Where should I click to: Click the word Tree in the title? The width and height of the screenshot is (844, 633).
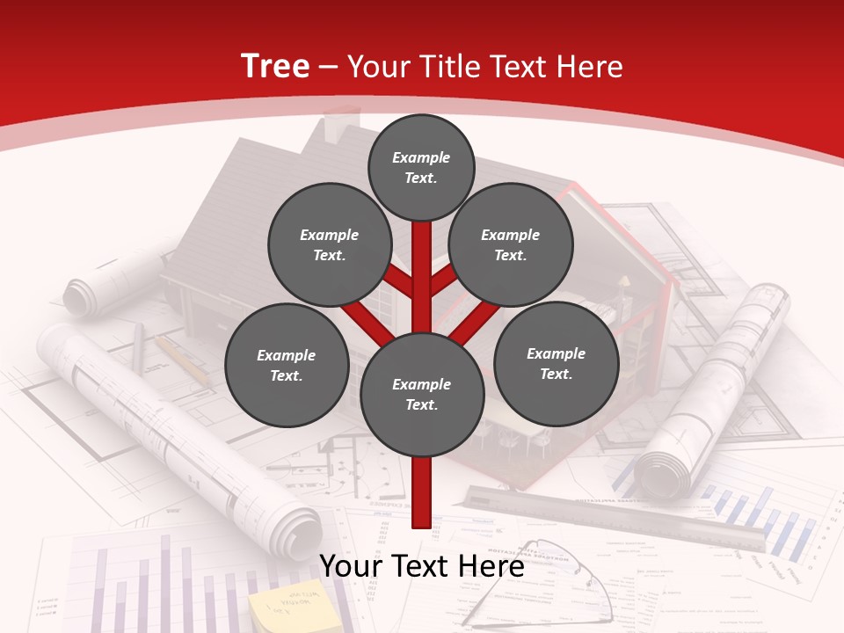click(x=275, y=67)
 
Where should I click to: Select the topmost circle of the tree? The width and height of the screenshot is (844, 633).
click(x=421, y=167)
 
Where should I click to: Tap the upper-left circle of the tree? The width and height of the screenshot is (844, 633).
click(x=330, y=245)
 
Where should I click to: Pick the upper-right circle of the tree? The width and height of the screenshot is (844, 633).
click(x=511, y=245)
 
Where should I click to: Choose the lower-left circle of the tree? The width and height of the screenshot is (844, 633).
click(x=287, y=366)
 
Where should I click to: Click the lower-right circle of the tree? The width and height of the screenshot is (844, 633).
click(x=557, y=364)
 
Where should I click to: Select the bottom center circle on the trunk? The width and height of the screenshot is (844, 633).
click(x=422, y=395)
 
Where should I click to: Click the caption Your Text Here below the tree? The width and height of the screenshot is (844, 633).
click(x=422, y=567)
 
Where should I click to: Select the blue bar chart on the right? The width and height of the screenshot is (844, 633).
click(x=756, y=519)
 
